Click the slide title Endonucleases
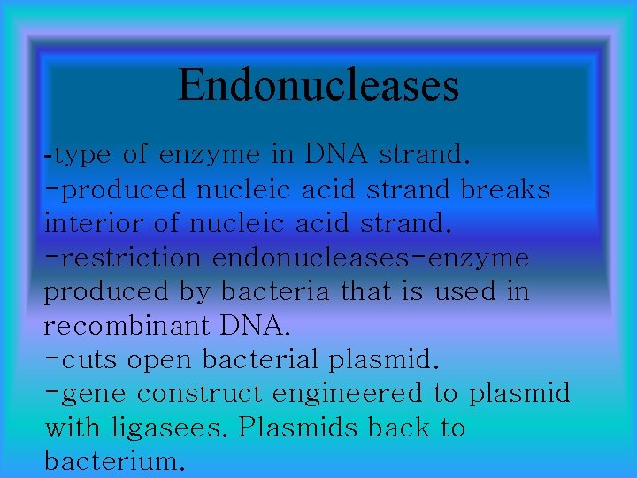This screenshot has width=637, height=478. pyautogui.click(x=318, y=85)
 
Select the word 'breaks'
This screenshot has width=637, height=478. pyautogui.click(x=506, y=189)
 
